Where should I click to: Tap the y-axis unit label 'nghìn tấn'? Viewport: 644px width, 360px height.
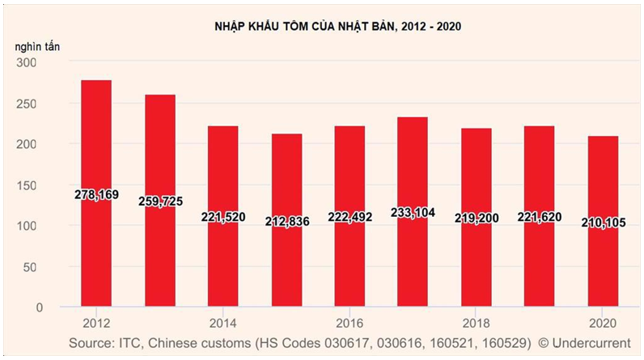36,46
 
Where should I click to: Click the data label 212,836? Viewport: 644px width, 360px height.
286,221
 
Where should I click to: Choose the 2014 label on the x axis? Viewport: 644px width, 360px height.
222,320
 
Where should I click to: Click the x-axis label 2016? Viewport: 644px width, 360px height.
349,320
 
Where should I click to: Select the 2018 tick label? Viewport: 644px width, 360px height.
475,320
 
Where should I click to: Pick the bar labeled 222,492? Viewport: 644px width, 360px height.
350,259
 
